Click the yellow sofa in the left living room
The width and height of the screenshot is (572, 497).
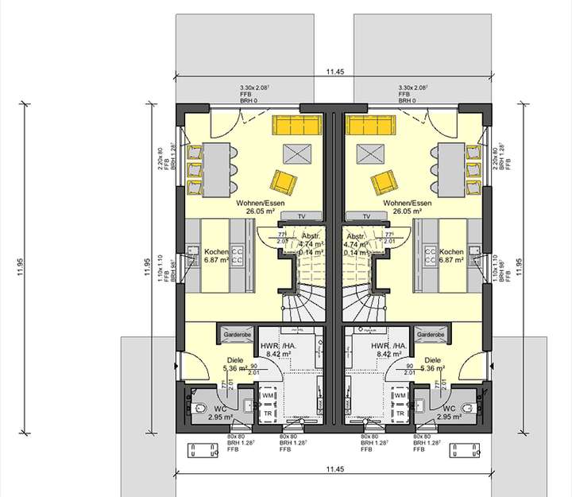(x=296, y=124)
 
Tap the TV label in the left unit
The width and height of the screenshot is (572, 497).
(x=301, y=215)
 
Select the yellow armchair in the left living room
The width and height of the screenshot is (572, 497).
(x=284, y=181)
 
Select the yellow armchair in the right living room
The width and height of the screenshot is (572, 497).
(x=383, y=181)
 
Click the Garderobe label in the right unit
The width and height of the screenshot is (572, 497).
(x=431, y=336)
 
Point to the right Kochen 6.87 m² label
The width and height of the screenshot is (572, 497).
(x=451, y=254)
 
